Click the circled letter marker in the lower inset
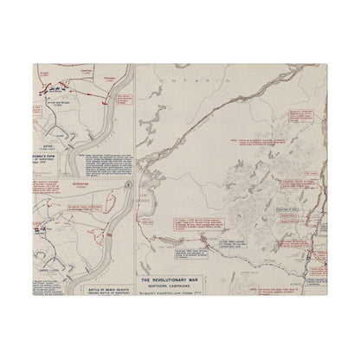coord(129,183)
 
